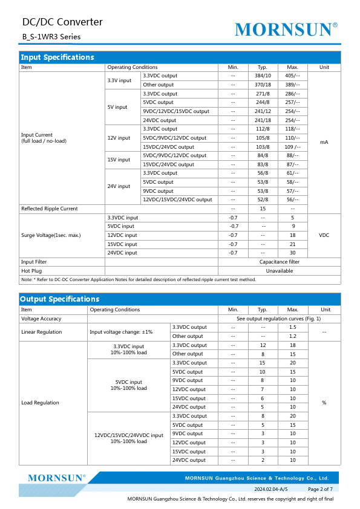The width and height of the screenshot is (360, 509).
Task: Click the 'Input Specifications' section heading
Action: (57, 57)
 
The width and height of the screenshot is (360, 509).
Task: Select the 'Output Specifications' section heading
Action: (59, 299)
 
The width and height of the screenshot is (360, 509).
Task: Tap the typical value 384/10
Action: (263, 76)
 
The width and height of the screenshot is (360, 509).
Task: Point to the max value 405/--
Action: (293, 76)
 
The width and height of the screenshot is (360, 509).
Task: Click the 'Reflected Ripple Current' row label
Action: (50, 209)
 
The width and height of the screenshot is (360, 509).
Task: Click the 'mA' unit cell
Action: (324, 142)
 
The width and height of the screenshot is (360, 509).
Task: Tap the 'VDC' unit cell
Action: (324, 235)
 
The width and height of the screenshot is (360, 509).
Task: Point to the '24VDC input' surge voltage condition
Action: (122, 253)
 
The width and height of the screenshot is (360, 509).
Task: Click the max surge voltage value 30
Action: (293, 253)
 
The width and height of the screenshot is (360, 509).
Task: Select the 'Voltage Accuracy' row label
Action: (42, 319)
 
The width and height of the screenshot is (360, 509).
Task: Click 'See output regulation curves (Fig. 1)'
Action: (278, 319)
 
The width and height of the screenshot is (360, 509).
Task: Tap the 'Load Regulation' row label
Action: (41, 403)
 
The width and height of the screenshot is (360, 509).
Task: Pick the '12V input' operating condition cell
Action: (119, 138)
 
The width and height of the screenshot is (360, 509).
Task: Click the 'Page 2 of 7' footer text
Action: (320, 488)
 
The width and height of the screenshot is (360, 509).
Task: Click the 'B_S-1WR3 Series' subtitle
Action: (51, 37)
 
